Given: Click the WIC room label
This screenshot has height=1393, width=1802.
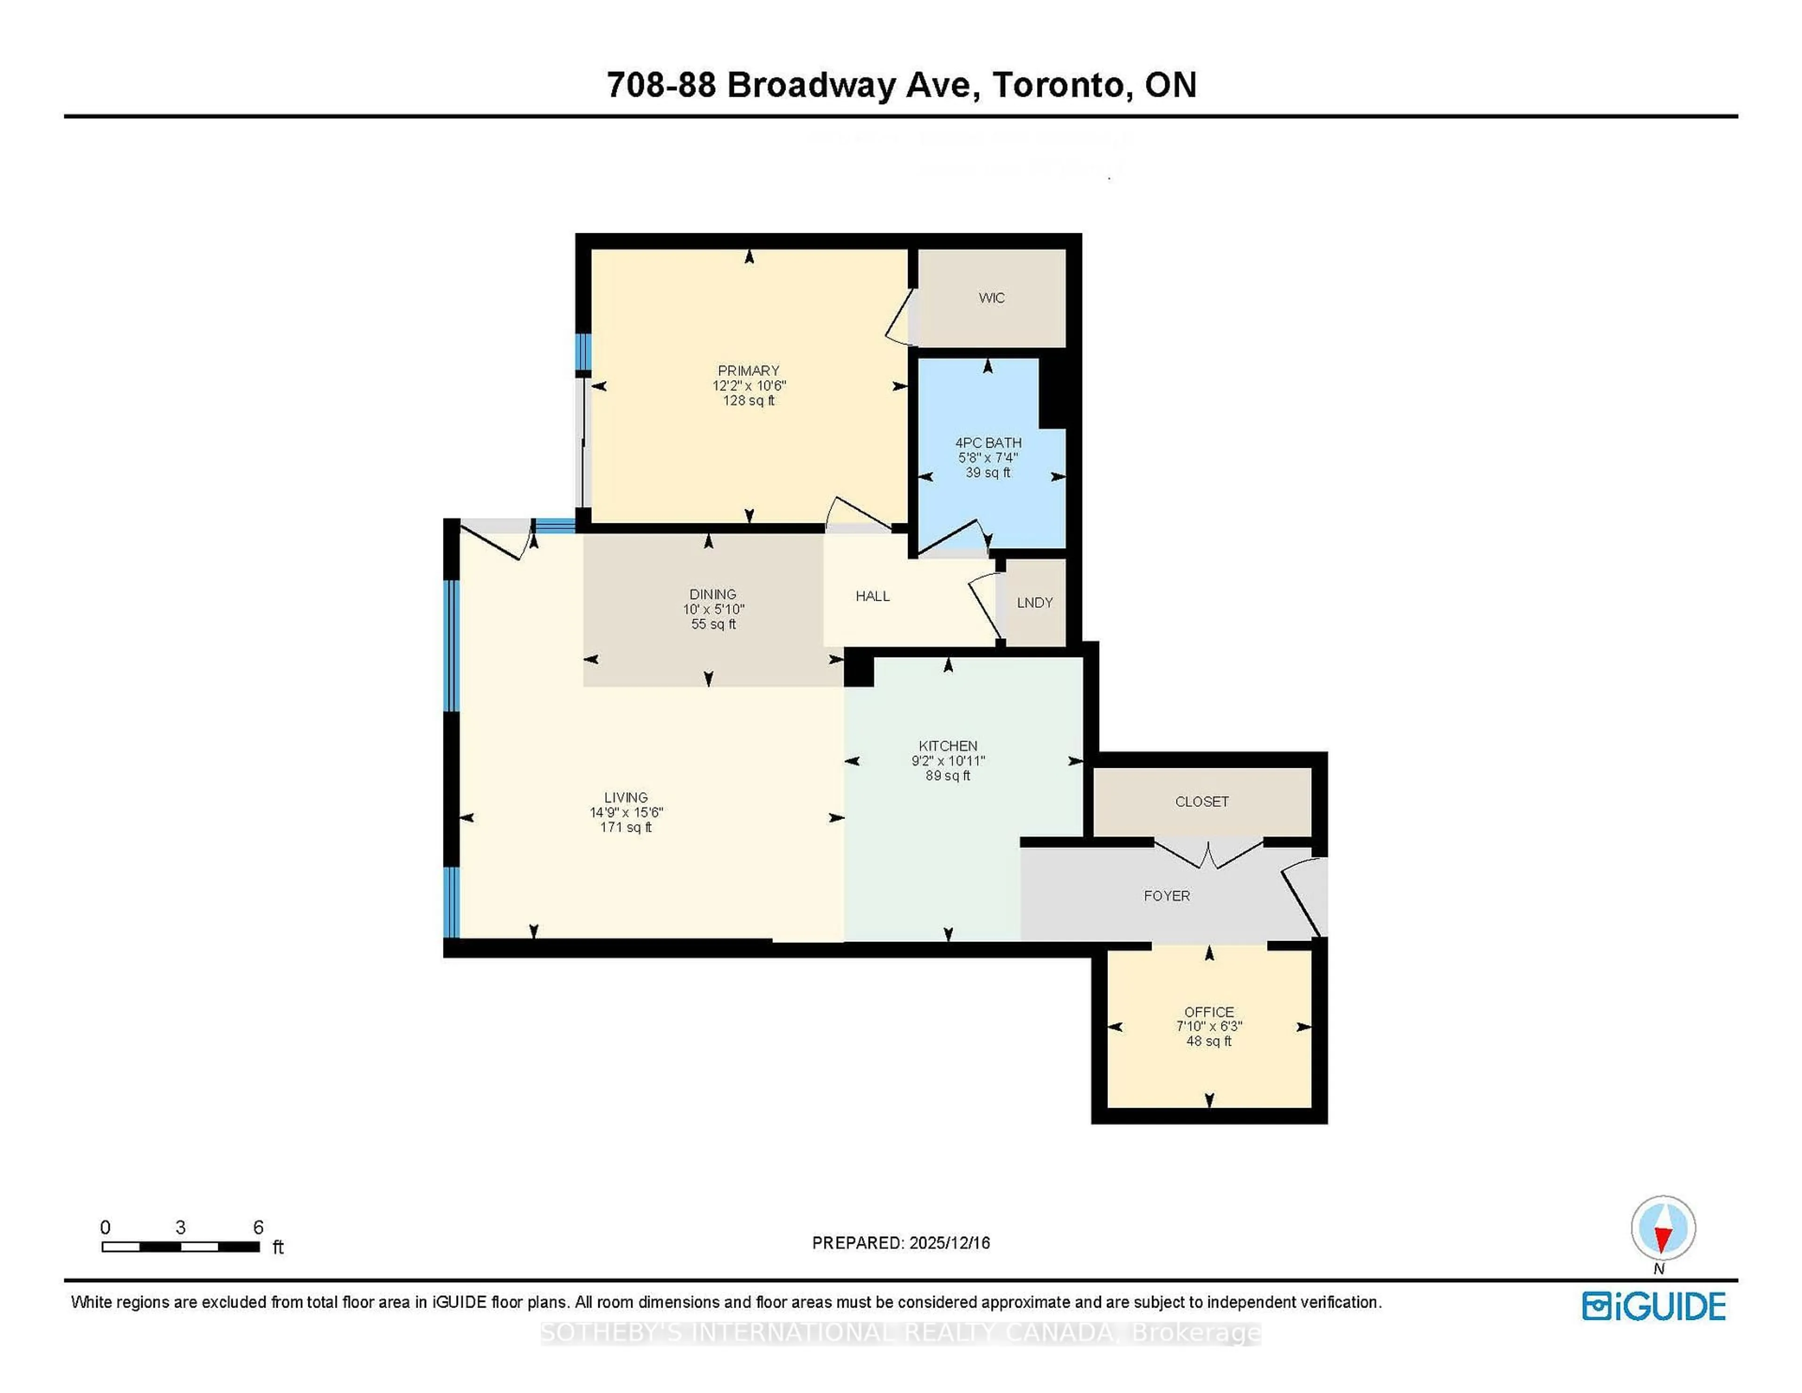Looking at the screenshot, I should [991, 298].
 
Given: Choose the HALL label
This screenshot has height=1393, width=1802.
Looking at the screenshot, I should [872, 596].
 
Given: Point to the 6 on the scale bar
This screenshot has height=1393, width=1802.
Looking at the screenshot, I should [258, 1227].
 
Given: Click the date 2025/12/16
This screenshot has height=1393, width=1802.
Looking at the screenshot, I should [949, 1243].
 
